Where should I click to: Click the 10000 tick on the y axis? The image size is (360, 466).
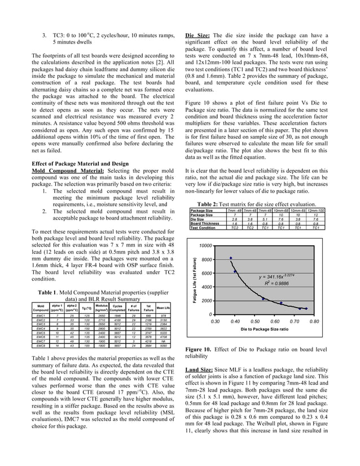[205, 246]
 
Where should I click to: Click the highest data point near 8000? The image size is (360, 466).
[231, 258]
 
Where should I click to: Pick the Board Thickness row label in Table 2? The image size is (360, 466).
[205, 223]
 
